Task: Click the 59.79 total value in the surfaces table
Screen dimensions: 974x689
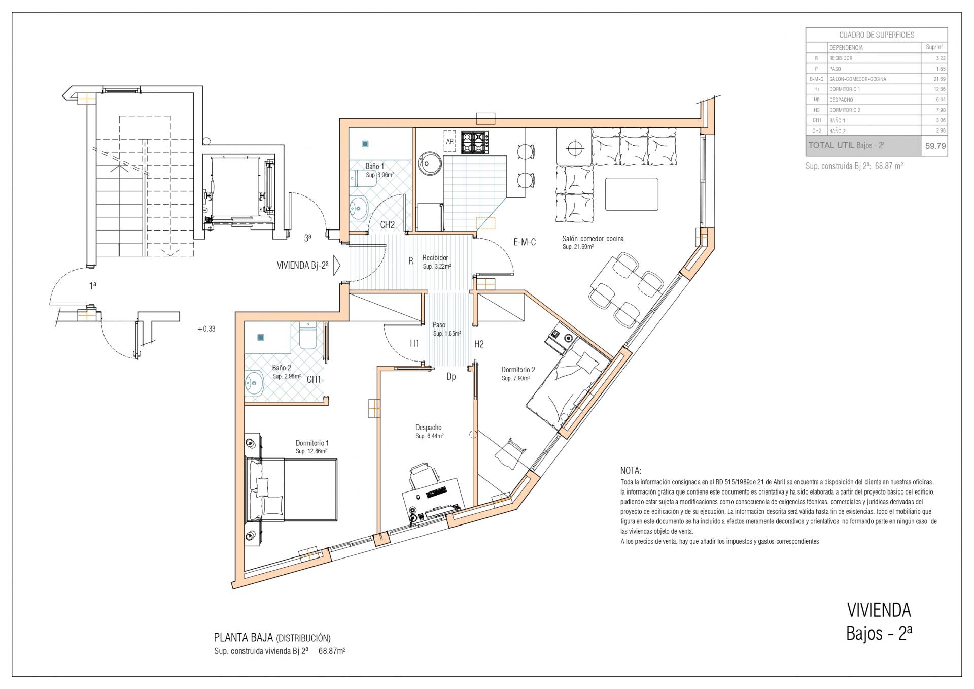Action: (935, 146)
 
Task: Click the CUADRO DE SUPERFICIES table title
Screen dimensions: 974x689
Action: (876, 35)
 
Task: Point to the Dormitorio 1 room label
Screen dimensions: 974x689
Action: (312, 443)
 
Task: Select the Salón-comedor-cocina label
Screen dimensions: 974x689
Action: (593, 239)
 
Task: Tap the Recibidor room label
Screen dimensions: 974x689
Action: (435, 258)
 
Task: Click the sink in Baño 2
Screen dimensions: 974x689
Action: (254, 383)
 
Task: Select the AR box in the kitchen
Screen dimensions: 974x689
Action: (449, 142)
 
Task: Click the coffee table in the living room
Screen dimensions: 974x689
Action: (632, 194)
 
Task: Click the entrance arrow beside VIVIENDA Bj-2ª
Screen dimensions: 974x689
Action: (336, 266)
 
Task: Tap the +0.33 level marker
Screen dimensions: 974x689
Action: (206, 329)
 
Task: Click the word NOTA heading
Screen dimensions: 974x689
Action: (631, 471)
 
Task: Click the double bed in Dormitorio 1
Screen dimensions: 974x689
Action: (291, 489)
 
